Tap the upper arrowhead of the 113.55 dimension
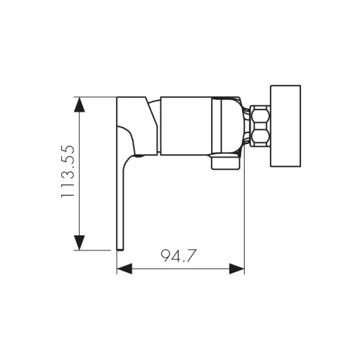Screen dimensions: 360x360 (81, 104)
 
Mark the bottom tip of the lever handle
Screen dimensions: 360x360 (120, 245)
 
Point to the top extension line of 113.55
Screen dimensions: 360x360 (97, 95)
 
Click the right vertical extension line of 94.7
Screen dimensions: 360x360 (244, 216)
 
